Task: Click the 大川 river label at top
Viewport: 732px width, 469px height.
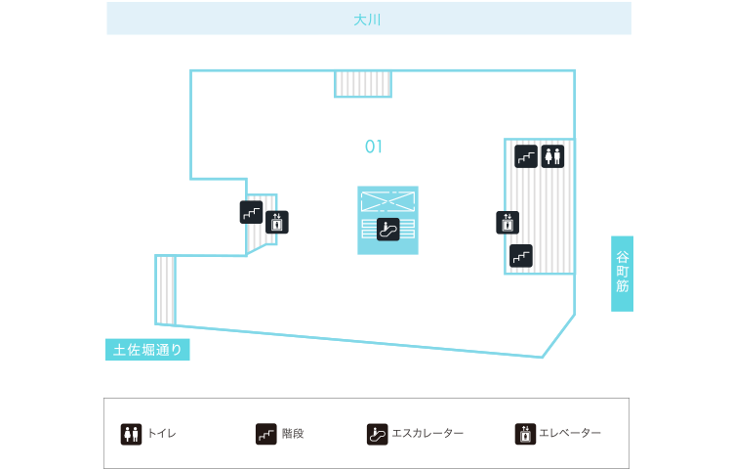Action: click(368, 19)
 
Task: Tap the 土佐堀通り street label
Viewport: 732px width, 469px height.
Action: click(147, 350)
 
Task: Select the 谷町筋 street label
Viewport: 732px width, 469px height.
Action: click(623, 274)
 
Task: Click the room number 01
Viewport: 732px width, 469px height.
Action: click(374, 147)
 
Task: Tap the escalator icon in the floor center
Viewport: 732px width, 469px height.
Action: click(388, 230)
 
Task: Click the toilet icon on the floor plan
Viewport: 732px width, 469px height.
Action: click(553, 155)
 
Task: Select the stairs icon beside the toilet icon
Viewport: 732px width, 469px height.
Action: click(526, 155)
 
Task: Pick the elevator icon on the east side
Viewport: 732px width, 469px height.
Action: click(507, 222)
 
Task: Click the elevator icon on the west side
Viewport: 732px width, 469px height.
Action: click(277, 222)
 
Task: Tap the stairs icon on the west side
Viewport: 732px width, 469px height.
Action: click(251, 212)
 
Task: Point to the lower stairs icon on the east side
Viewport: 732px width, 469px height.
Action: click(521, 256)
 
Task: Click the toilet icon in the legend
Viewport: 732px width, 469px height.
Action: click(132, 433)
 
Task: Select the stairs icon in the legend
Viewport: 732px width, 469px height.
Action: click(265, 433)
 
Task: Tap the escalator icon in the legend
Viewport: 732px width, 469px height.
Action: click(377, 433)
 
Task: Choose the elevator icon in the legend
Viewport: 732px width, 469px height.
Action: click(525, 433)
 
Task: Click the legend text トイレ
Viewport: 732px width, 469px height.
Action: click(161, 433)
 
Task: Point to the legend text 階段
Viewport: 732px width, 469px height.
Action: click(293, 433)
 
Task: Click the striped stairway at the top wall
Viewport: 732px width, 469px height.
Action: click(363, 83)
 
